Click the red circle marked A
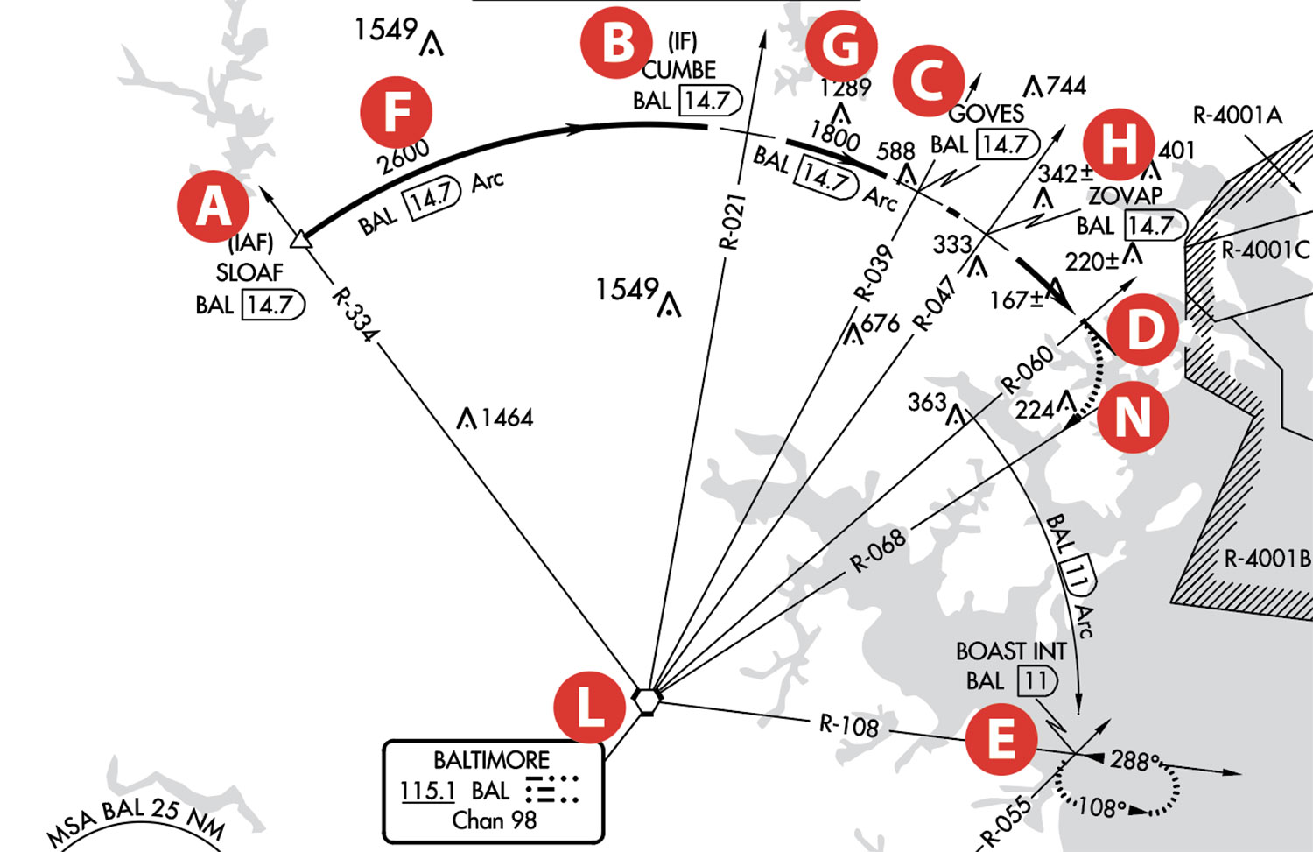(214, 207)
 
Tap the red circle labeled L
(590, 708)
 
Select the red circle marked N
(1133, 417)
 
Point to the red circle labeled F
(397, 112)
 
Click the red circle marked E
(1001, 739)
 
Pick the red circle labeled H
(1119, 144)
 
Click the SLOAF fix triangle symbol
(301, 240)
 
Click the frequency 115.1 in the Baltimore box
(427, 791)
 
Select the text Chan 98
(495, 820)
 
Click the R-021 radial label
(734, 222)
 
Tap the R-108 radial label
(849, 725)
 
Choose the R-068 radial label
(878, 550)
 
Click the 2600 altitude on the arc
(404, 157)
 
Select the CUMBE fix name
(678, 70)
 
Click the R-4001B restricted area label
(1267, 559)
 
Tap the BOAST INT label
(1011, 651)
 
